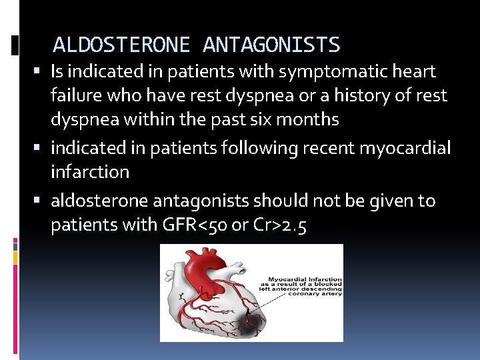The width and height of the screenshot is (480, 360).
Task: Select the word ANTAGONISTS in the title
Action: point(271,45)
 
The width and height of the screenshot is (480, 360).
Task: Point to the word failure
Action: point(75,96)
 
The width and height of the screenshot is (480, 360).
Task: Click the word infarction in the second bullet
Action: point(90,172)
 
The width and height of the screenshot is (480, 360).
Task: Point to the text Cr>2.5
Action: point(279,225)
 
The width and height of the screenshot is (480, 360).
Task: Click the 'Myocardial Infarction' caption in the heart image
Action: point(305,279)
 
